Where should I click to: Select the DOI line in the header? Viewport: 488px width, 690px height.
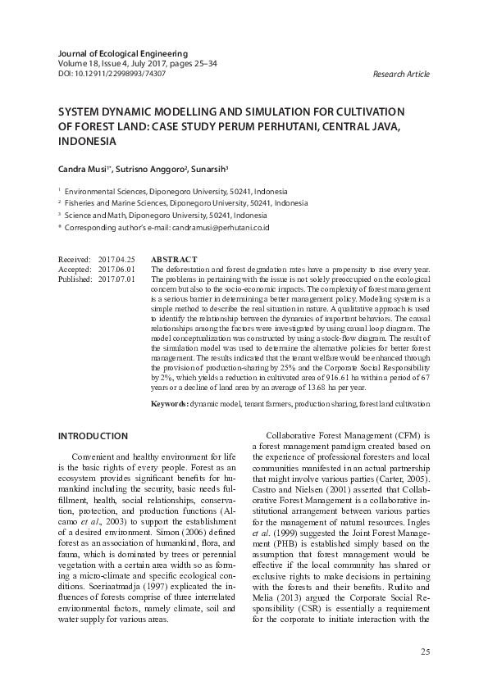[x=112, y=73]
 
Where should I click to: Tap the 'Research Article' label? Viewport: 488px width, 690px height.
[x=400, y=75]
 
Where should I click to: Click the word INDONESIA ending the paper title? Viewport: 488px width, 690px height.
[x=87, y=141]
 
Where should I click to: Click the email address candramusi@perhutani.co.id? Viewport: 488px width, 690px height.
[x=218, y=226]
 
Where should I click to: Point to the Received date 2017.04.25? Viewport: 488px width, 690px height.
[x=116, y=259]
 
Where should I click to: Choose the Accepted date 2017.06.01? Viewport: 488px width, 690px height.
[x=116, y=269]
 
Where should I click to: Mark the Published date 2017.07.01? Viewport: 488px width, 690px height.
[x=116, y=279]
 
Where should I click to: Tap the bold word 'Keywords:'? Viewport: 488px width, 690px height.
[x=171, y=405]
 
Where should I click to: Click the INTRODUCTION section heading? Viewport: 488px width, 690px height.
[x=94, y=436]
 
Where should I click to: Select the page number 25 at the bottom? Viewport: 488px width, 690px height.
[x=425, y=651]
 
